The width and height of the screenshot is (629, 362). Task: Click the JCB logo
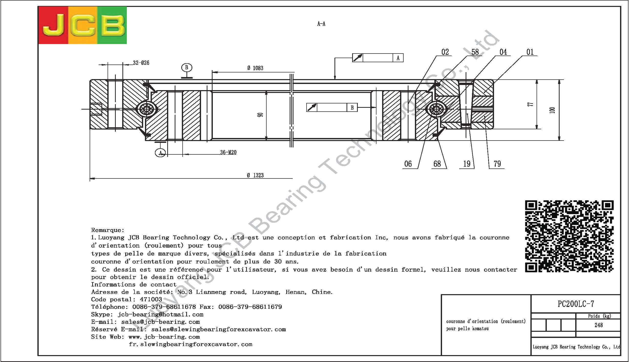pyautogui.click(x=82, y=25)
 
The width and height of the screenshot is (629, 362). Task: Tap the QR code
pyautogui.click(x=569, y=236)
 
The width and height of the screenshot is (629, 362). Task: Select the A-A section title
pyautogui.click(x=321, y=24)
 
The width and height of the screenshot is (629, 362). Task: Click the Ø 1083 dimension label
pyautogui.click(x=255, y=68)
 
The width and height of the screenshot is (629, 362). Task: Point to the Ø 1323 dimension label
pyautogui.click(x=255, y=175)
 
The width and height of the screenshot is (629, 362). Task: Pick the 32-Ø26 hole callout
pyautogui.click(x=141, y=63)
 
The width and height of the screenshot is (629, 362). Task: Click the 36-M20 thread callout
pyautogui.click(x=228, y=152)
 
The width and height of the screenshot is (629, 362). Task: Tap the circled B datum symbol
pyautogui.click(x=187, y=68)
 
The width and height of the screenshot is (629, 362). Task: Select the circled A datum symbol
pyautogui.click(x=161, y=153)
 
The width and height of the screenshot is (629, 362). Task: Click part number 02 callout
pyautogui.click(x=445, y=52)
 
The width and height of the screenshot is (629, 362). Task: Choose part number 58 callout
pyautogui.click(x=475, y=52)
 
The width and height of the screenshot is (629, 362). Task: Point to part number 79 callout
pyautogui.click(x=497, y=164)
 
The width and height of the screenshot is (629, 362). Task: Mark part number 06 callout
pyautogui.click(x=408, y=164)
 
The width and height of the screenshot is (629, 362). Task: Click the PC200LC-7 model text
pyautogui.click(x=576, y=304)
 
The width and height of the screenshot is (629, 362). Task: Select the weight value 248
pyautogui.click(x=599, y=325)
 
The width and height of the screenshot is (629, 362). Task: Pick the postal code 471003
pyautogui.click(x=151, y=300)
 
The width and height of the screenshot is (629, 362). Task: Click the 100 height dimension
pyautogui.click(x=552, y=110)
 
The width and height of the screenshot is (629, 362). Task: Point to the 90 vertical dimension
pyautogui.click(x=260, y=115)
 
